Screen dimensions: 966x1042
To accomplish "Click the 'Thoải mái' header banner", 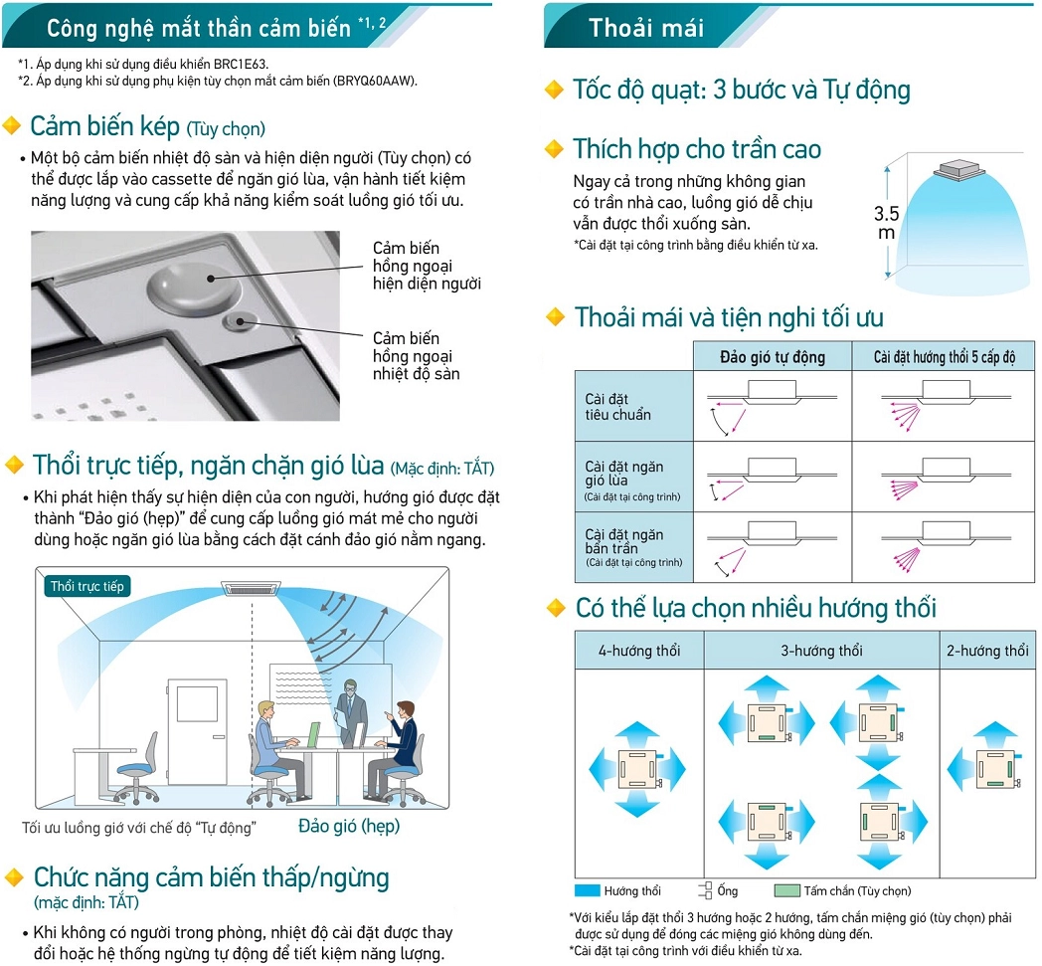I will click(646, 27).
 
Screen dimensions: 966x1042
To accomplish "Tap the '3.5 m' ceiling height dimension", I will click(886, 223).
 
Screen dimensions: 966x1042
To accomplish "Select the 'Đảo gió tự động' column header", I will click(772, 356).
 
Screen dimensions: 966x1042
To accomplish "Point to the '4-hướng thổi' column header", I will click(639, 651).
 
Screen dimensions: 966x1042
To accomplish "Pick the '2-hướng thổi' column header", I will click(987, 651).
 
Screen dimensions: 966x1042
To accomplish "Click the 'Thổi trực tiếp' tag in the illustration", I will click(87, 586).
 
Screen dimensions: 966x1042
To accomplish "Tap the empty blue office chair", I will click(135, 766).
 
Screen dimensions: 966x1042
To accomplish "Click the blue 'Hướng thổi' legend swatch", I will click(587, 890).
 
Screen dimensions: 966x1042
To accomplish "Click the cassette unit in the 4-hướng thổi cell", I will click(637, 769).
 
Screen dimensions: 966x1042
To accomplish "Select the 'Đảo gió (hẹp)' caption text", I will click(349, 826).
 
